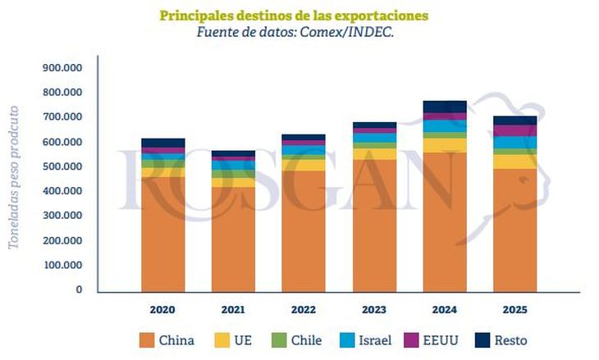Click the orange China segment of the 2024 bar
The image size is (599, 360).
coord(444,221)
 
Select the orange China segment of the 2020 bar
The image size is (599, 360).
coord(162,234)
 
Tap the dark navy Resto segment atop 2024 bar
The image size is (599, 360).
coord(444,107)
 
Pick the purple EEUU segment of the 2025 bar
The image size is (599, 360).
coord(514,130)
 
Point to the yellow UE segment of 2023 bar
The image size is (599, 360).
coord(374,153)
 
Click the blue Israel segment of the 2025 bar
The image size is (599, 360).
coord(514,143)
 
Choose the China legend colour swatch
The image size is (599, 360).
coord(147,339)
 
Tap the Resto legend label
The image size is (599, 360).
coord(511,339)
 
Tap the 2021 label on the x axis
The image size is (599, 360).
coord(233,310)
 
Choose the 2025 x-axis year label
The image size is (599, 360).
coord(514,310)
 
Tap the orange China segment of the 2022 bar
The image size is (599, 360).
coord(304,230)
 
